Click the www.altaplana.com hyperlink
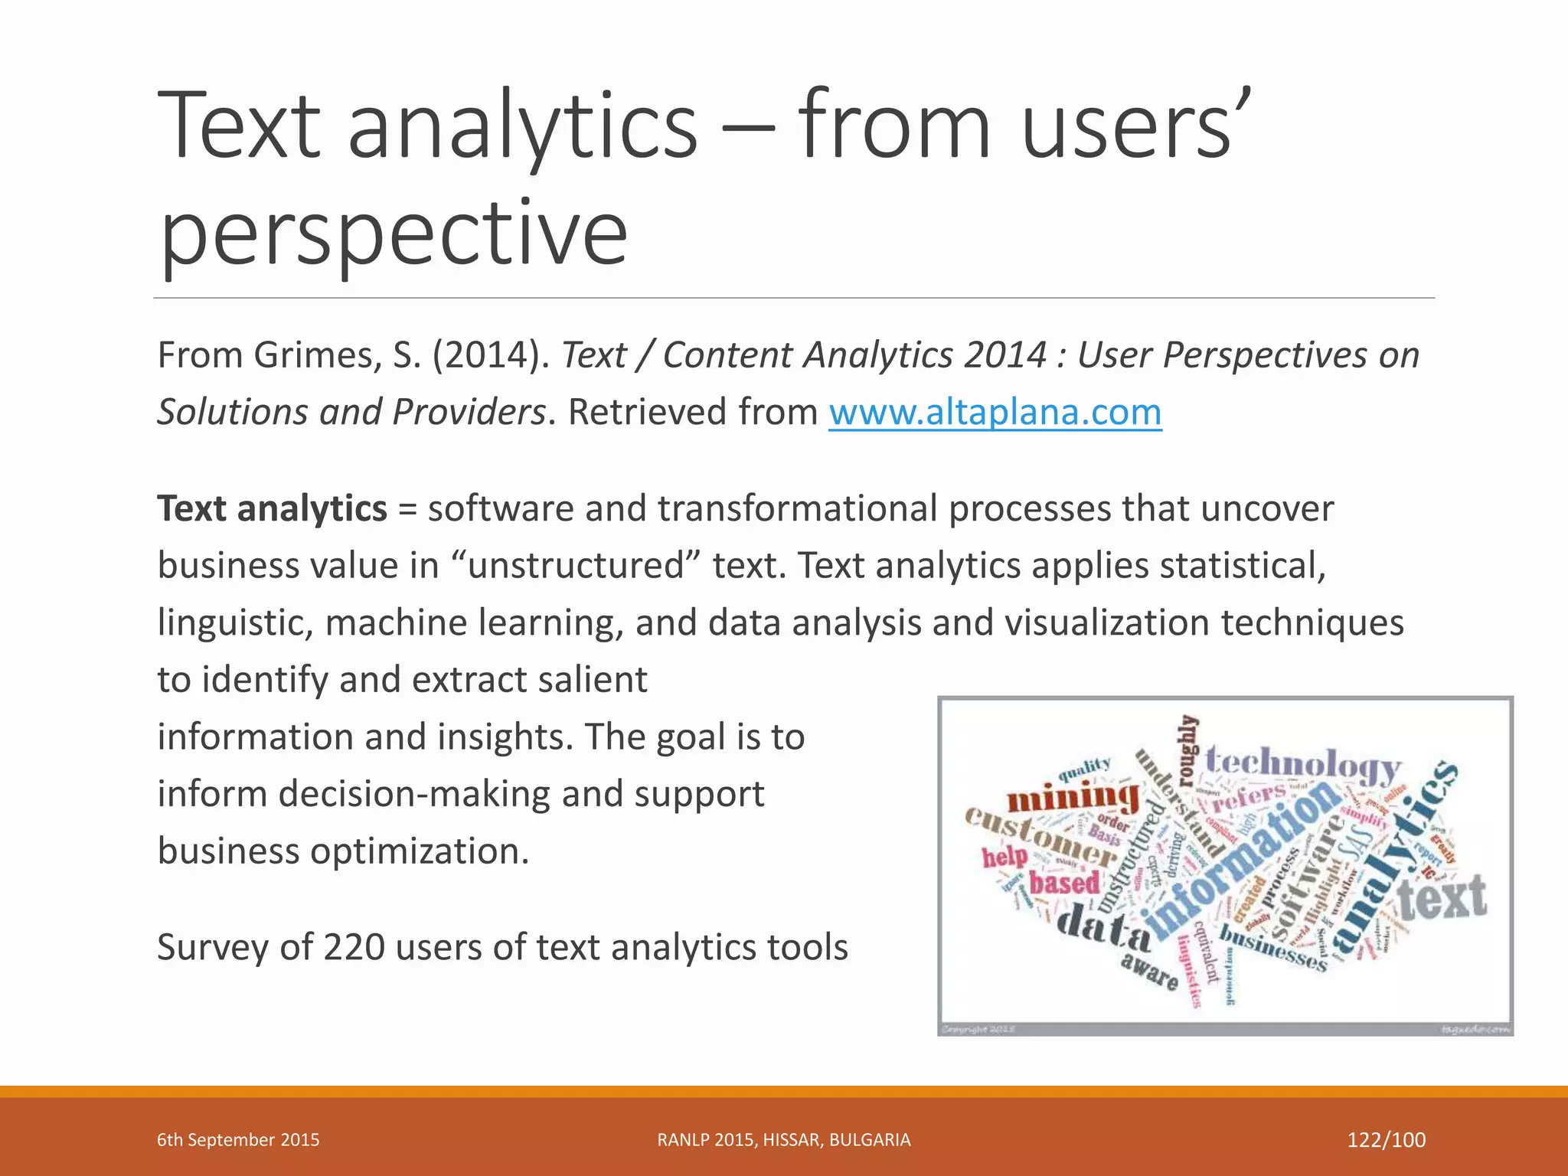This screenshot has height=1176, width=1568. [x=995, y=412]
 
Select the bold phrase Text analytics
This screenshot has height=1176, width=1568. [x=272, y=508]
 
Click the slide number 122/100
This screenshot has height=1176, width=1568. [x=1386, y=1139]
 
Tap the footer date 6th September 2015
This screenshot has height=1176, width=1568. [x=238, y=1139]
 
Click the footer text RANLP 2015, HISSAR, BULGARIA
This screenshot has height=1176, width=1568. [x=783, y=1139]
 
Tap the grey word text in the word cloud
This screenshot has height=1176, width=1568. [x=1442, y=897]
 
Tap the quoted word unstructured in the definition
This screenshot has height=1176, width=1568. [x=576, y=566]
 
